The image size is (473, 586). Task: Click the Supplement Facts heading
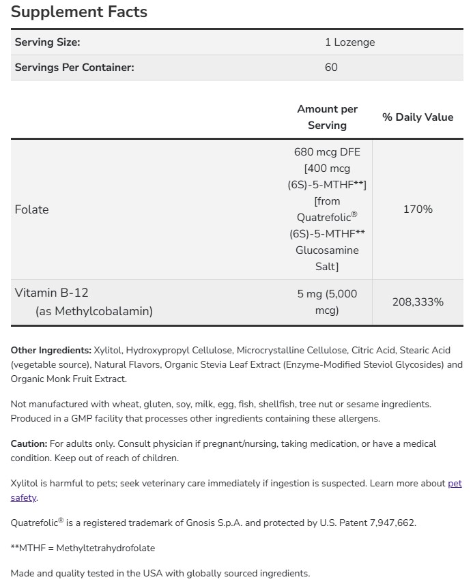(x=79, y=12)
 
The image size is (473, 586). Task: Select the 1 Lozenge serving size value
(x=349, y=42)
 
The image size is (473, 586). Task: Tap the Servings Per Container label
(x=74, y=68)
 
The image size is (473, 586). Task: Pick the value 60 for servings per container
(x=331, y=68)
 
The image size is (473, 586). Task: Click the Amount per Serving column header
(x=327, y=117)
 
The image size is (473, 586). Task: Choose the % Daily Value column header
(x=418, y=117)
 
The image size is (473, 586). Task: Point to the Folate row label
(x=31, y=209)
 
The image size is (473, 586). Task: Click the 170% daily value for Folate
(x=418, y=209)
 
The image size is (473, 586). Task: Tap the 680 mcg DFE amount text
(x=327, y=152)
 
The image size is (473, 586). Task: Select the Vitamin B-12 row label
(x=51, y=293)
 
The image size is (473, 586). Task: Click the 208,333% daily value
(x=418, y=302)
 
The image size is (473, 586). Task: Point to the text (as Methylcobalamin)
(x=94, y=311)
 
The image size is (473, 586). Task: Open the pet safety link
(x=455, y=484)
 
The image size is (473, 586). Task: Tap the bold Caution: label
(x=29, y=443)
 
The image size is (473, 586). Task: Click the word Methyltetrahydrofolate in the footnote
(x=106, y=548)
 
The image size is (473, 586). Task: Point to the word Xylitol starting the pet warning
(x=24, y=484)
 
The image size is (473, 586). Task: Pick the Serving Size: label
(x=47, y=42)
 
